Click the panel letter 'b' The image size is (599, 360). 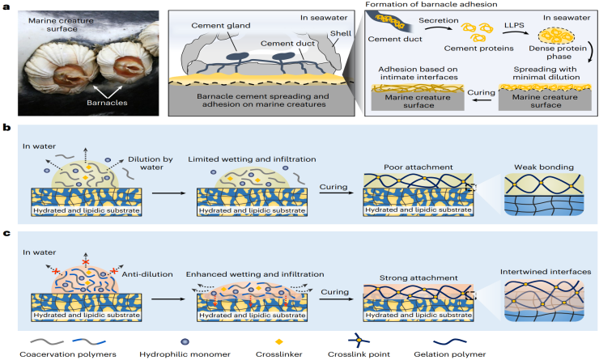coord(6,129)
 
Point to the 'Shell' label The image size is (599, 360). coord(341,33)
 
